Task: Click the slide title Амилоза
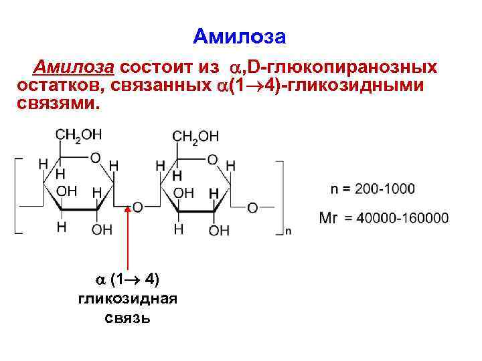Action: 240,36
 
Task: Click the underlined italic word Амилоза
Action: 76,68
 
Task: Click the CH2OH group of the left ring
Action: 78,135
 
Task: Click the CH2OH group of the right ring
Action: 195,136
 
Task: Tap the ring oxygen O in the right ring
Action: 212,160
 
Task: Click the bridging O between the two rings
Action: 137,207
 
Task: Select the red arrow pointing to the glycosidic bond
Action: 129,241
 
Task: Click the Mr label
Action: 328,218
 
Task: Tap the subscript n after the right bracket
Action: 288,231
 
